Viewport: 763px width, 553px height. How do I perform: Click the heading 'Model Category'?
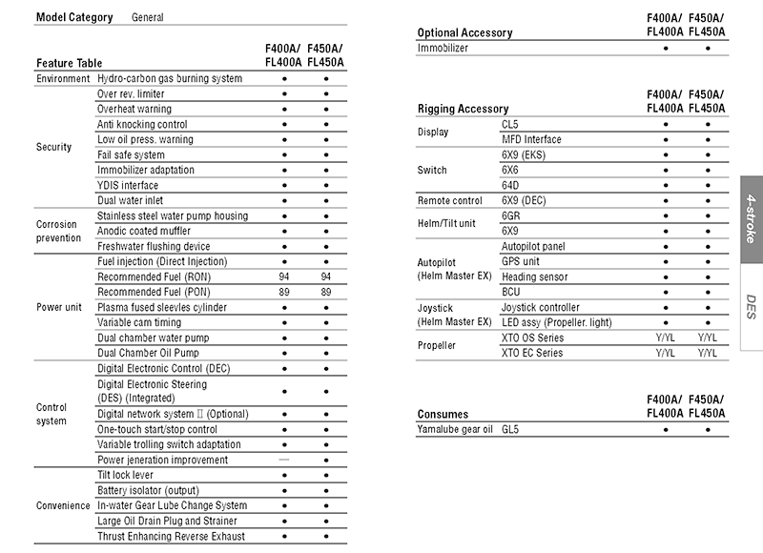click(74, 17)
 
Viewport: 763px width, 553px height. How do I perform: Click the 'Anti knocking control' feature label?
click(142, 124)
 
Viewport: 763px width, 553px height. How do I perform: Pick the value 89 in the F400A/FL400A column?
click(284, 292)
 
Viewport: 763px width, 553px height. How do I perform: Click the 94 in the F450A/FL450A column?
click(326, 276)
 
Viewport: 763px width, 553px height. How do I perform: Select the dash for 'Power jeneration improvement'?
click(284, 460)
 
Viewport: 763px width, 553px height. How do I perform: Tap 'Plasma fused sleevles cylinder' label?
click(162, 307)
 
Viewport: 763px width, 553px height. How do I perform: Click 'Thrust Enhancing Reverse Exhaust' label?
click(172, 536)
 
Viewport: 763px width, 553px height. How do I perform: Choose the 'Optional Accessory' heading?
click(464, 32)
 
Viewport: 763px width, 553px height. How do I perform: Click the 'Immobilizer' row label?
click(443, 48)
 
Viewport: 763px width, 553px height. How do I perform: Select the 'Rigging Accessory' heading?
click(463, 109)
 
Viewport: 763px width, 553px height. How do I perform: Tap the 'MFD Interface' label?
click(531, 139)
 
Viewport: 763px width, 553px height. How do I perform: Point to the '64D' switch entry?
click(510, 185)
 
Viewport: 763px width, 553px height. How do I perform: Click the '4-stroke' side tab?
click(751, 220)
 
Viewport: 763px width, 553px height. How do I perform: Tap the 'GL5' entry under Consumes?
click(510, 429)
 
